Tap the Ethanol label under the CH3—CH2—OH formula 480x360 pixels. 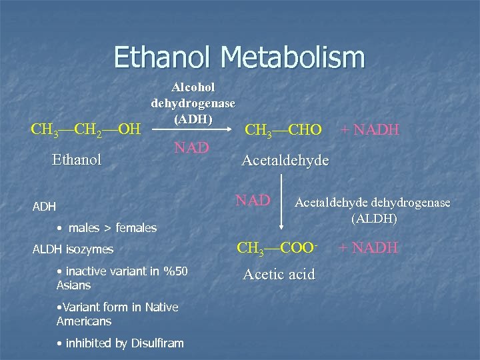[x=77, y=160]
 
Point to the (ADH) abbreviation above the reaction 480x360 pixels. [x=193, y=120]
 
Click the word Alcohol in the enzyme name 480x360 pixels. [x=193, y=87]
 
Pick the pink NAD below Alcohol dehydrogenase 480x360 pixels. [x=192, y=147]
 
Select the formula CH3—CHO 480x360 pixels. [x=283, y=129]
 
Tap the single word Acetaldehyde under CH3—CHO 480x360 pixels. [x=285, y=160]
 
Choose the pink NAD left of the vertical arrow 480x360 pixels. [x=253, y=199]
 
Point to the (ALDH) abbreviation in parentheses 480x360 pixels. [x=373, y=218]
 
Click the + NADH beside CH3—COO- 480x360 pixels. [x=369, y=248]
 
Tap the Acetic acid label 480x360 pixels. [x=279, y=274]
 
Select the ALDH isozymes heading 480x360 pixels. [x=73, y=249]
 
